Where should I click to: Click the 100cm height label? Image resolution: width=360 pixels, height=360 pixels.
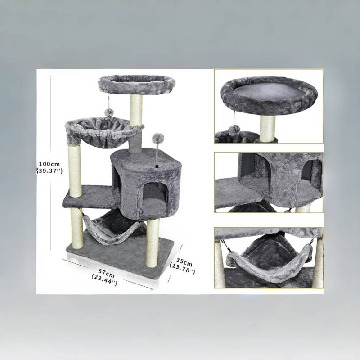pos(49,164)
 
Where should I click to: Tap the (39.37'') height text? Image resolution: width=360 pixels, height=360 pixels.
pos(49,171)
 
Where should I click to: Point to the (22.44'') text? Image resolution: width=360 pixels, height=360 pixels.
pos(104,279)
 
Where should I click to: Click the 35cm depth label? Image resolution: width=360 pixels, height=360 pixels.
pos(184,262)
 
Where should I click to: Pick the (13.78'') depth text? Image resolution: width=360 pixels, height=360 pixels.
pos(182,268)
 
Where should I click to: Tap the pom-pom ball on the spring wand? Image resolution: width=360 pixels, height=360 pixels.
pos(158,138)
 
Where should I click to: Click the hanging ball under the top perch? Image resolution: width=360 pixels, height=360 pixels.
pos(108,112)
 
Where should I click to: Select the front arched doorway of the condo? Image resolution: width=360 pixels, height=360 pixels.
pos(155,197)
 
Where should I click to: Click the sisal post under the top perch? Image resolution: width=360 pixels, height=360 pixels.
pos(136,110)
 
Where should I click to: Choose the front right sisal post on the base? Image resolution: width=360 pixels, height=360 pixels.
pos(153,243)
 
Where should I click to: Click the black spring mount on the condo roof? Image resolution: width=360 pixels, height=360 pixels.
pos(157,165)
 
